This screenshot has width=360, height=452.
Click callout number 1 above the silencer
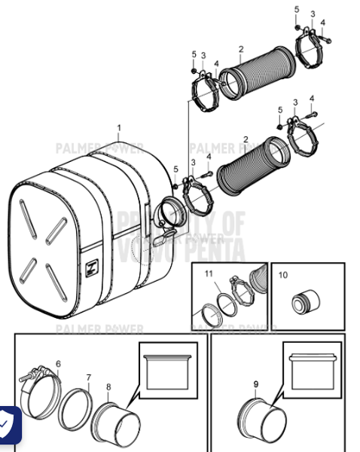click(117, 128)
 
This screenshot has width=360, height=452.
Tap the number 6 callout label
click(58, 363)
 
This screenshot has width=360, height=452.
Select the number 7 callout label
click(88, 377)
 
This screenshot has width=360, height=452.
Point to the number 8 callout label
click(108, 387)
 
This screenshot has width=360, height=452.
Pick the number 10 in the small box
click(283, 276)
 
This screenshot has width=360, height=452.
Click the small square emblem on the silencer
click(94, 265)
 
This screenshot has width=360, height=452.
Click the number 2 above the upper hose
click(240, 50)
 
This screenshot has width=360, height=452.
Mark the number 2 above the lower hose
click(246, 139)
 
